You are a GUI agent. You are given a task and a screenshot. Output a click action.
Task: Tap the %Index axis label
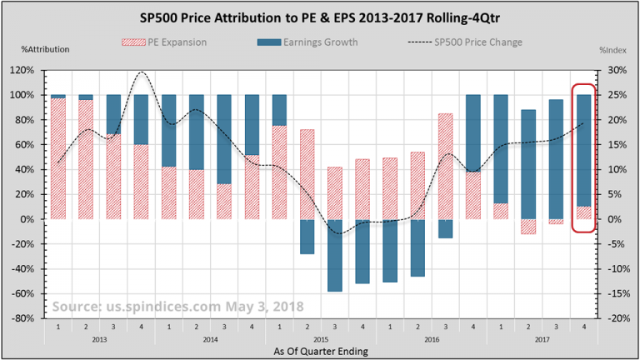[x=612, y=50]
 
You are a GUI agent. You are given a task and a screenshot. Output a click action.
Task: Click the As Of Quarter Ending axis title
[x=319, y=352]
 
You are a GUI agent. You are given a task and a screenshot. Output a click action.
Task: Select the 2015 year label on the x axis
[x=319, y=340]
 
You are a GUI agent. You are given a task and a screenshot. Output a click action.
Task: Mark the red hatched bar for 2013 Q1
[x=57, y=158]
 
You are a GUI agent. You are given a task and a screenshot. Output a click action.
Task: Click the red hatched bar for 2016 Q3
[x=446, y=166]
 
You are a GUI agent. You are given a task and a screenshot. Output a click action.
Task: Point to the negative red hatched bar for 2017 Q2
[x=529, y=227]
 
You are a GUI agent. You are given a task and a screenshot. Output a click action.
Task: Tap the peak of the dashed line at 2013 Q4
[x=141, y=72]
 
